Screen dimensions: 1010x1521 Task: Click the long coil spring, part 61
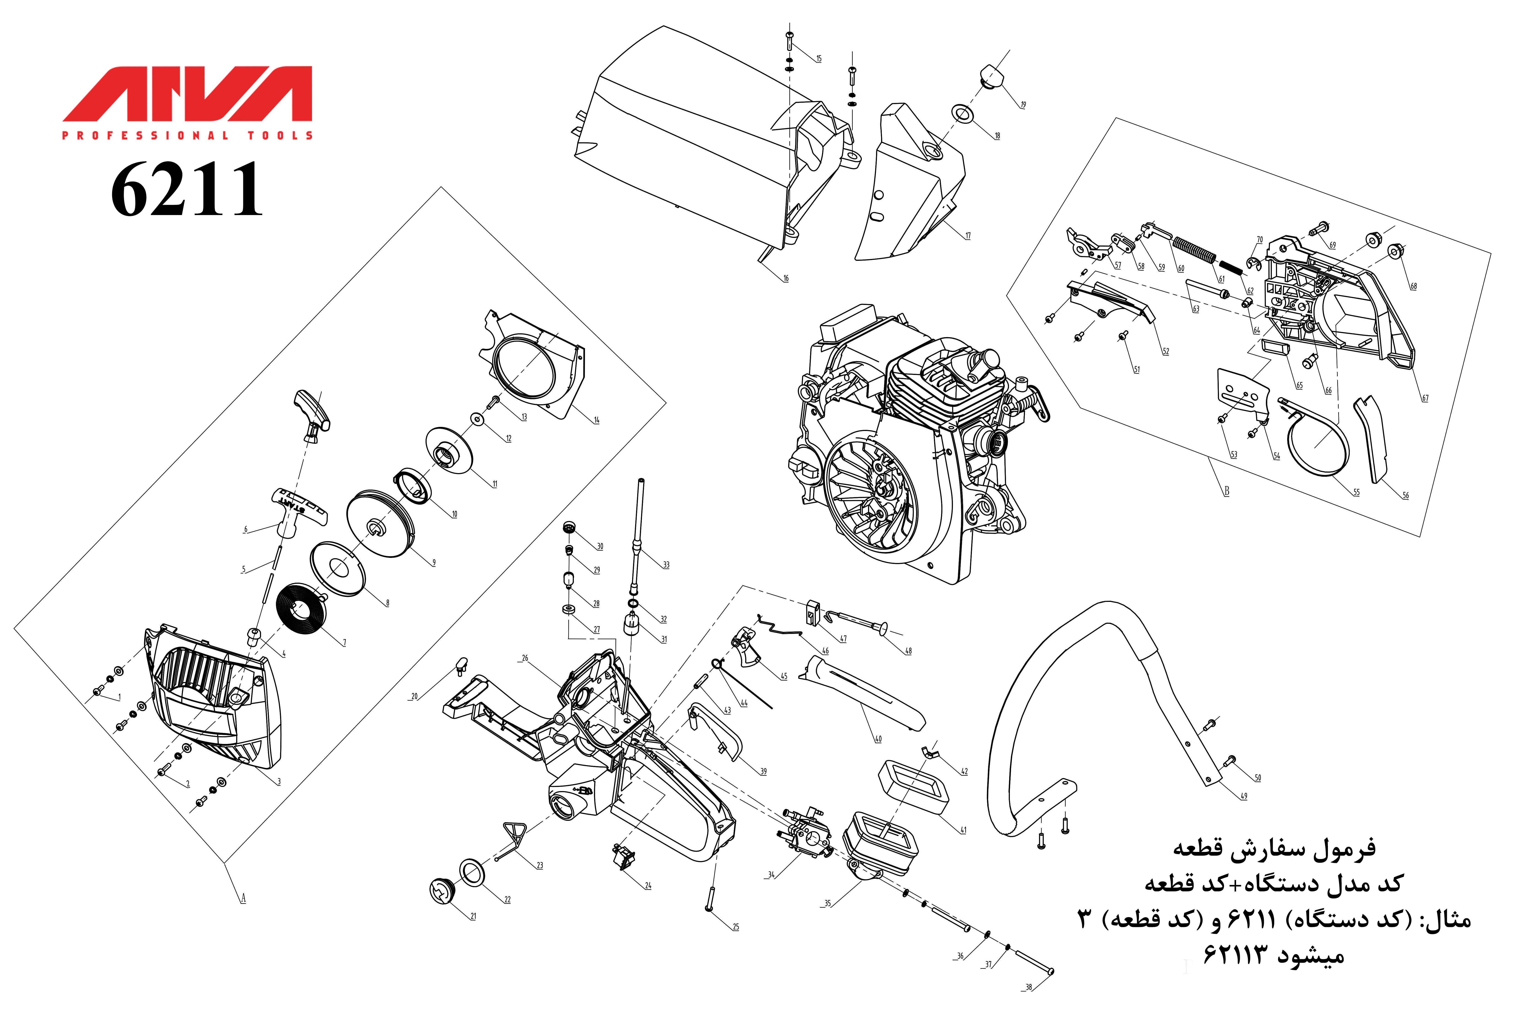click(x=1194, y=250)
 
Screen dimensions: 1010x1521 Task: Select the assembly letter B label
click(x=1227, y=491)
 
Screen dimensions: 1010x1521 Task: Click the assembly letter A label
click(x=243, y=898)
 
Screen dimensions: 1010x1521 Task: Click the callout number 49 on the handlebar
click(x=1243, y=796)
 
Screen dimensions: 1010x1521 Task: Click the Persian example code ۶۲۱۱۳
click(x=1236, y=955)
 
